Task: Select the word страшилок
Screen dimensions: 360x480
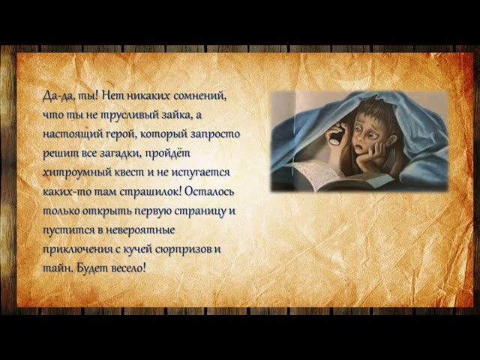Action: click(x=154, y=191)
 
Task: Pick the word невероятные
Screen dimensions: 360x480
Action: click(x=139, y=229)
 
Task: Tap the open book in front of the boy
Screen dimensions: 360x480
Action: click(x=322, y=175)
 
